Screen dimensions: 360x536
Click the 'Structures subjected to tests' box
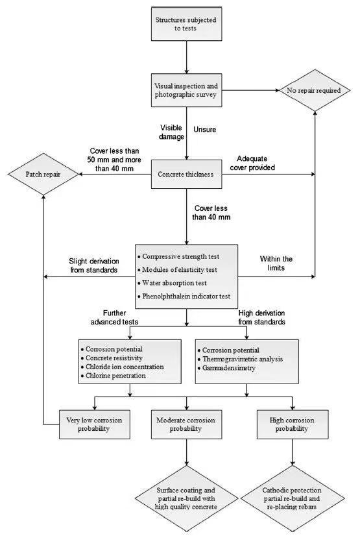pos(187,24)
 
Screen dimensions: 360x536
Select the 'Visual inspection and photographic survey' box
pos(187,90)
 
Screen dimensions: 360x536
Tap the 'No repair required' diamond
pos(315,91)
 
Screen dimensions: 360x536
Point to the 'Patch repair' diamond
pos(43,175)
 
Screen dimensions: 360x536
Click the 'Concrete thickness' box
pos(187,175)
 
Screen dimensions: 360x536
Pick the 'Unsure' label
pos(204,130)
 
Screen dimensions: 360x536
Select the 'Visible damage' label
pos(171,132)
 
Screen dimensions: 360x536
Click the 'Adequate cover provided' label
pos(252,163)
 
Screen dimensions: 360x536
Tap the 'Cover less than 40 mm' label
pos(211,213)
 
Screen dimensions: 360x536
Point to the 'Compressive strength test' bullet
pos(178,256)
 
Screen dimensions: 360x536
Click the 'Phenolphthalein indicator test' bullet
pos(184,296)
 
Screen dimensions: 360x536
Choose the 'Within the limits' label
pos(276,263)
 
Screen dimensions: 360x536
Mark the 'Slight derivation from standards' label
pos(94,265)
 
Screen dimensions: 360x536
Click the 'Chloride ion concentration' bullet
pos(123,367)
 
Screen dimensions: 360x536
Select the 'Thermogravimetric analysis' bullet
pos(240,359)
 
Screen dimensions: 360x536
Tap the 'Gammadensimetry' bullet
pos(226,368)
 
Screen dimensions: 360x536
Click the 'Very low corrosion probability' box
pos(94,424)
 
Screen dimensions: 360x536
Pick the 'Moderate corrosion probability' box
pos(187,424)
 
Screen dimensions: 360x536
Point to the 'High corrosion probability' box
pos(293,424)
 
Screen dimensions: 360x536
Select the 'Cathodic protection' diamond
pos(293,498)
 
